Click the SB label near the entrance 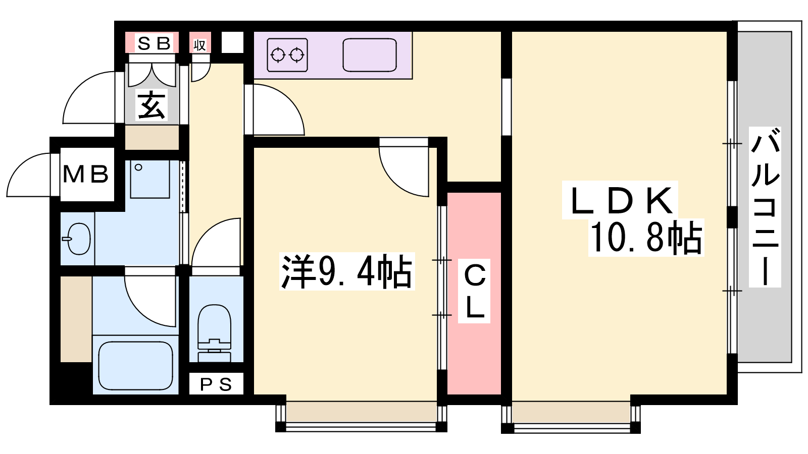[154, 43]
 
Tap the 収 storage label [199, 45]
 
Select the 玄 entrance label [152, 105]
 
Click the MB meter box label [86, 175]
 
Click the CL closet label [474, 291]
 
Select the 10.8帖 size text [646, 238]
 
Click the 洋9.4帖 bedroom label [346, 272]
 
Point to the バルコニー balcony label [765, 207]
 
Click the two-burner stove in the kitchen [287, 55]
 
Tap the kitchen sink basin [369, 55]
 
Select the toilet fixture [215, 333]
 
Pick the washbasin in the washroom [78, 239]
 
